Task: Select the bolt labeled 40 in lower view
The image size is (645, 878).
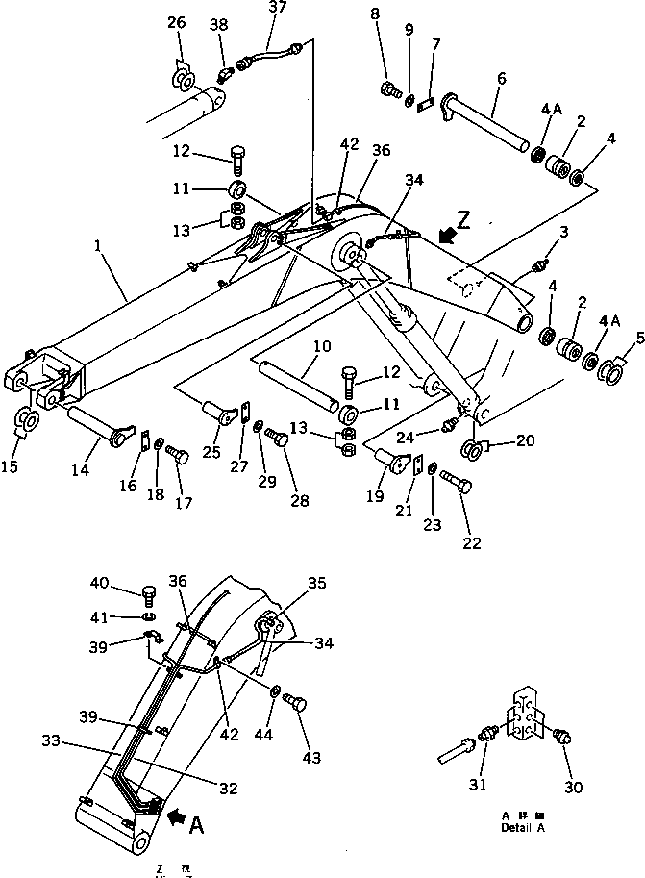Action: pyautogui.click(x=149, y=590)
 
